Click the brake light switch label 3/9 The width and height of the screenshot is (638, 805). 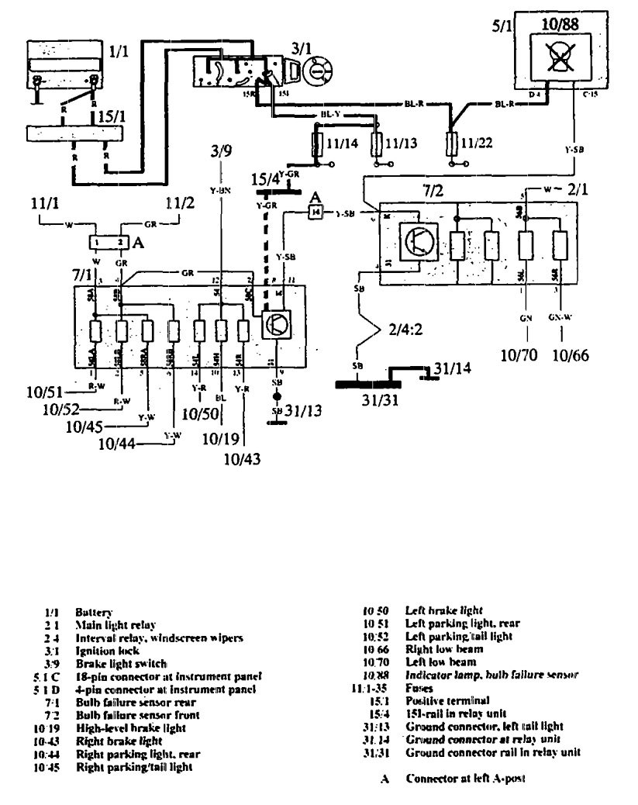pyautogui.click(x=221, y=151)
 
